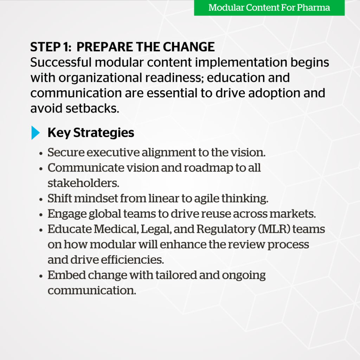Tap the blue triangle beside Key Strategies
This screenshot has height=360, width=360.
tap(36, 133)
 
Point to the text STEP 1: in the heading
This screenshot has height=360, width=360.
tap(51, 47)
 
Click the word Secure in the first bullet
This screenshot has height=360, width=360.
tap(64, 153)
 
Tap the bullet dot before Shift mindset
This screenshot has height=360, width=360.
tap(41, 199)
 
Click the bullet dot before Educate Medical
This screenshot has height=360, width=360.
tap(41, 230)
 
